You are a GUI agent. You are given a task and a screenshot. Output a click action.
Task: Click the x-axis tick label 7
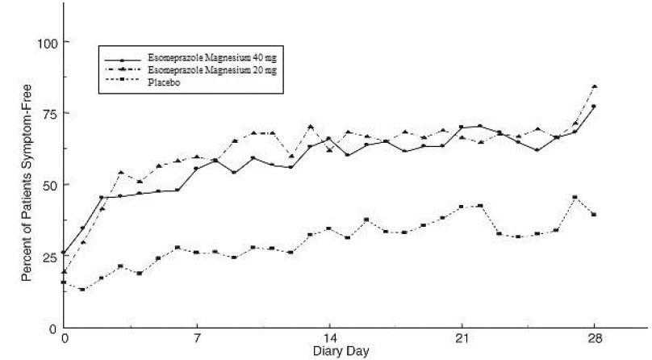pos(196,339)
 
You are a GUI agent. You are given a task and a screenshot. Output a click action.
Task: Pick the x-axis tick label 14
pos(328,339)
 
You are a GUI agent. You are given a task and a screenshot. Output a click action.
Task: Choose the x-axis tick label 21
pos(461,339)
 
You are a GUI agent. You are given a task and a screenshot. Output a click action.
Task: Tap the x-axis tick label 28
pos(593,339)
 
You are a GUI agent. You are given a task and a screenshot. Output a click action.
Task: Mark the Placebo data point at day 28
pos(594,214)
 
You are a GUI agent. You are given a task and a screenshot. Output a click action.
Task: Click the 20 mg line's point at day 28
pos(594,86)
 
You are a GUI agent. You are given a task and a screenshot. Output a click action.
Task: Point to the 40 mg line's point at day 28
pos(594,107)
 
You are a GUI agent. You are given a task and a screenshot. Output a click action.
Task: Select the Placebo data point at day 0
pos(64,283)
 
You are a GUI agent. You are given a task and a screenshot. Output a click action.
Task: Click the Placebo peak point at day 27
pos(575,197)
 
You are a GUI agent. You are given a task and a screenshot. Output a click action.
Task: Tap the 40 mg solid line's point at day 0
pos(64,253)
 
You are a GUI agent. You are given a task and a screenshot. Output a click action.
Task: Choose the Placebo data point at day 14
pos(328,228)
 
